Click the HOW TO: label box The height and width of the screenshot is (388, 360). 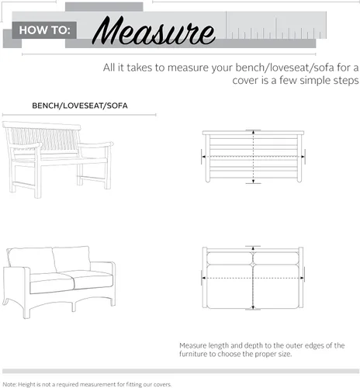[44, 30]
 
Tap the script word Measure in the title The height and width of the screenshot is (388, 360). [154, 30]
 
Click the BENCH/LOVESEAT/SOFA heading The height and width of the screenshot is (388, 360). [80, 106]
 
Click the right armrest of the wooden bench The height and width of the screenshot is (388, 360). [95, 145]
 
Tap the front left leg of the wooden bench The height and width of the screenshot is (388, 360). [38, 178]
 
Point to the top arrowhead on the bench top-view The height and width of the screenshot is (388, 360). [254, 132]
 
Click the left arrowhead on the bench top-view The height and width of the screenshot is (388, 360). [204, 157]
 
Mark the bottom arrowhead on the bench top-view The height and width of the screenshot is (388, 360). [254, 181]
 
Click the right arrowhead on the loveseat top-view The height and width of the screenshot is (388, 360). [302, 278]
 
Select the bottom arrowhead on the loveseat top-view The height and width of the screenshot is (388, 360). [253, 307]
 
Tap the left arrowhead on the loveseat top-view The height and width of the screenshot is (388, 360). [204, 278]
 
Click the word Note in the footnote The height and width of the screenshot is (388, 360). [9, 385]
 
